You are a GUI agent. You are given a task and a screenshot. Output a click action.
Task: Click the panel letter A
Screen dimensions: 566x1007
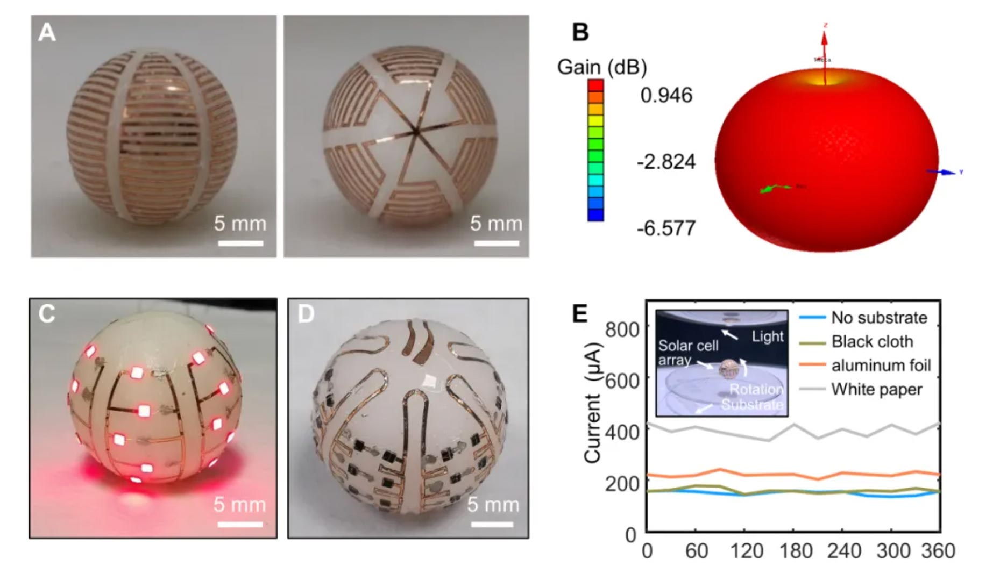click(47, 33)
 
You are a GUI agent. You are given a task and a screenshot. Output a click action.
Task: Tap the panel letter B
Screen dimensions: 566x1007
click(580, 32)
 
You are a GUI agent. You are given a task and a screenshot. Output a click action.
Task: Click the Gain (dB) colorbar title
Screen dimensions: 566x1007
click(602, 68)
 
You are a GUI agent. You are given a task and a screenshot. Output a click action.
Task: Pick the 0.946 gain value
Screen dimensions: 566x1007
click(666, 96)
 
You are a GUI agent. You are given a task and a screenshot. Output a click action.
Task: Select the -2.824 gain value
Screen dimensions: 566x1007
click(666, 162)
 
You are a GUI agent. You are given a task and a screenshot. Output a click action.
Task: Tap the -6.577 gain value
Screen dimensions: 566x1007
click(666, 228)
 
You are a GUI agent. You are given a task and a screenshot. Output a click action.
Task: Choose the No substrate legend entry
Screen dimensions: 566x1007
click(879, 318)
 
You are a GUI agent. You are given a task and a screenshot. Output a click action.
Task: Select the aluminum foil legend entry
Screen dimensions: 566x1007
click(881, 366)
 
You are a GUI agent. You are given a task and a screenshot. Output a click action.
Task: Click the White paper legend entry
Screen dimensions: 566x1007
click(876, 389)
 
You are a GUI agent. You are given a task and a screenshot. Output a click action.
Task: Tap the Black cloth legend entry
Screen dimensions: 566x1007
click(872, 342)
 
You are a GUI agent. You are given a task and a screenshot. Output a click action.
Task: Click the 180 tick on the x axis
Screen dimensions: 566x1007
click(796, 551)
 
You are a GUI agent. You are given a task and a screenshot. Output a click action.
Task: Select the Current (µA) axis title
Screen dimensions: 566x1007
click(593, 403)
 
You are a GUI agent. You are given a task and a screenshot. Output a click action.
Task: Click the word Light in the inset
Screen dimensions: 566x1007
click(768, 336)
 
